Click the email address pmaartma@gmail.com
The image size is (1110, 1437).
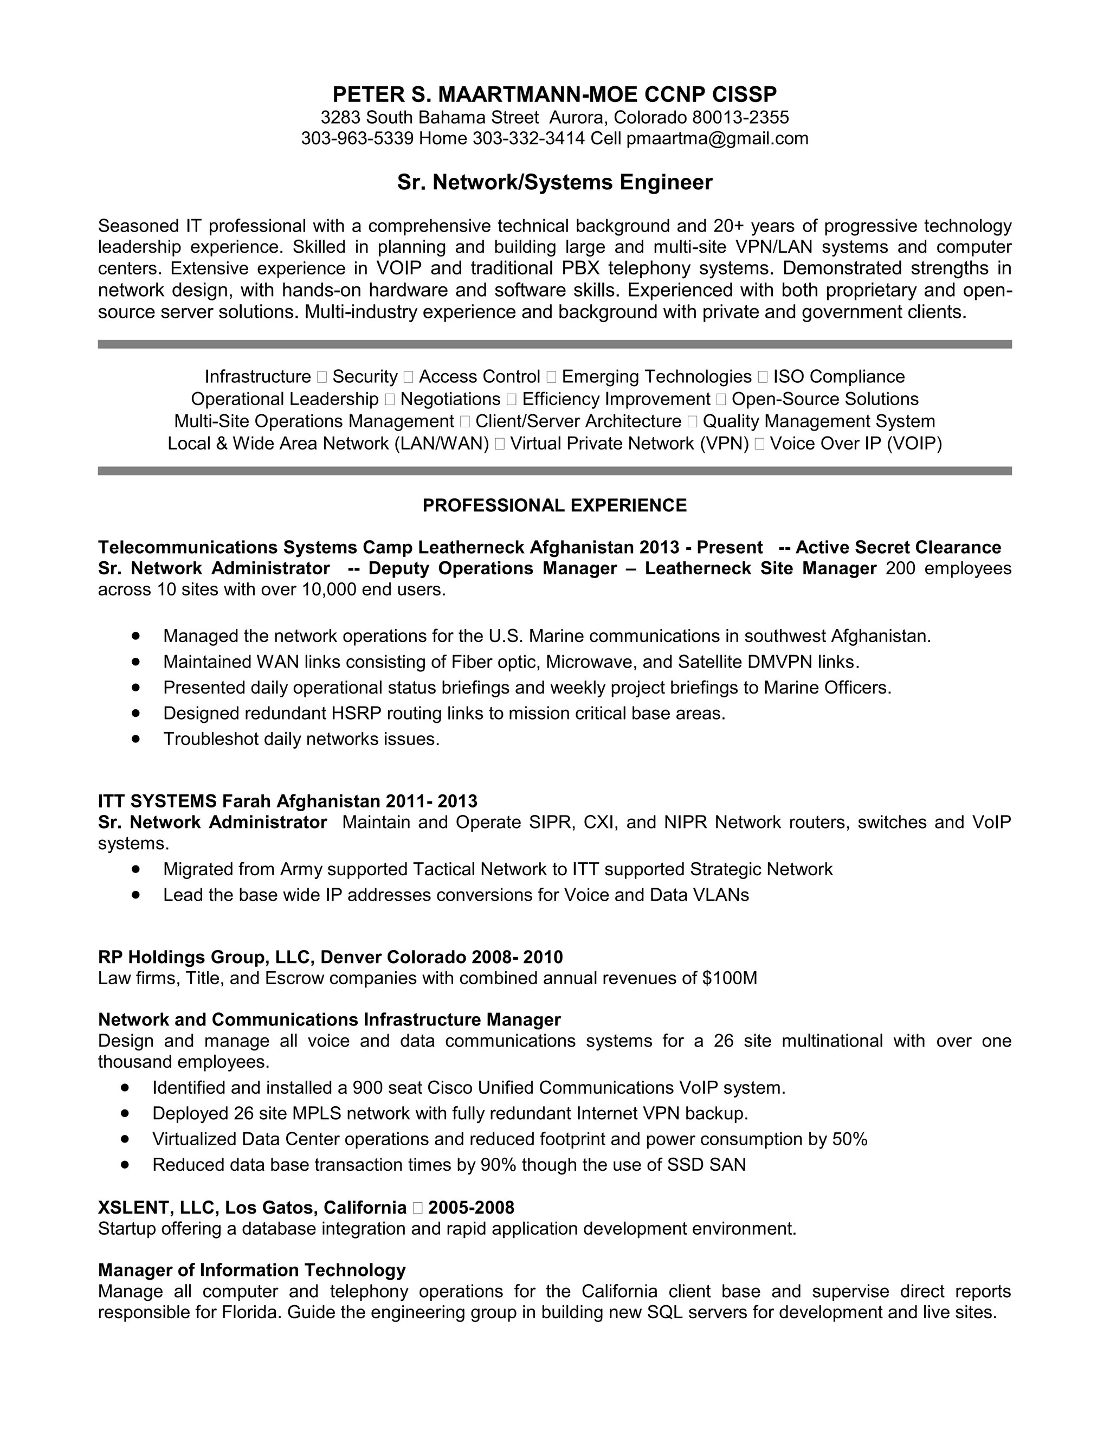717,139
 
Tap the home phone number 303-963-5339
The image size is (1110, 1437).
357,139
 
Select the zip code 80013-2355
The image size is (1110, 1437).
740,118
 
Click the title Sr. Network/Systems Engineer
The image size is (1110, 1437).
554,182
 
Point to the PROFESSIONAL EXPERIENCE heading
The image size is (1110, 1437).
554,505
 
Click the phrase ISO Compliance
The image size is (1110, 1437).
838,377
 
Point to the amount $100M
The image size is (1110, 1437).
730,978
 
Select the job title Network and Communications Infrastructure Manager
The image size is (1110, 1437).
329,1020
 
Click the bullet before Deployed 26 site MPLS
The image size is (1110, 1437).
125,1113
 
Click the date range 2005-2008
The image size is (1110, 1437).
471,1208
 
